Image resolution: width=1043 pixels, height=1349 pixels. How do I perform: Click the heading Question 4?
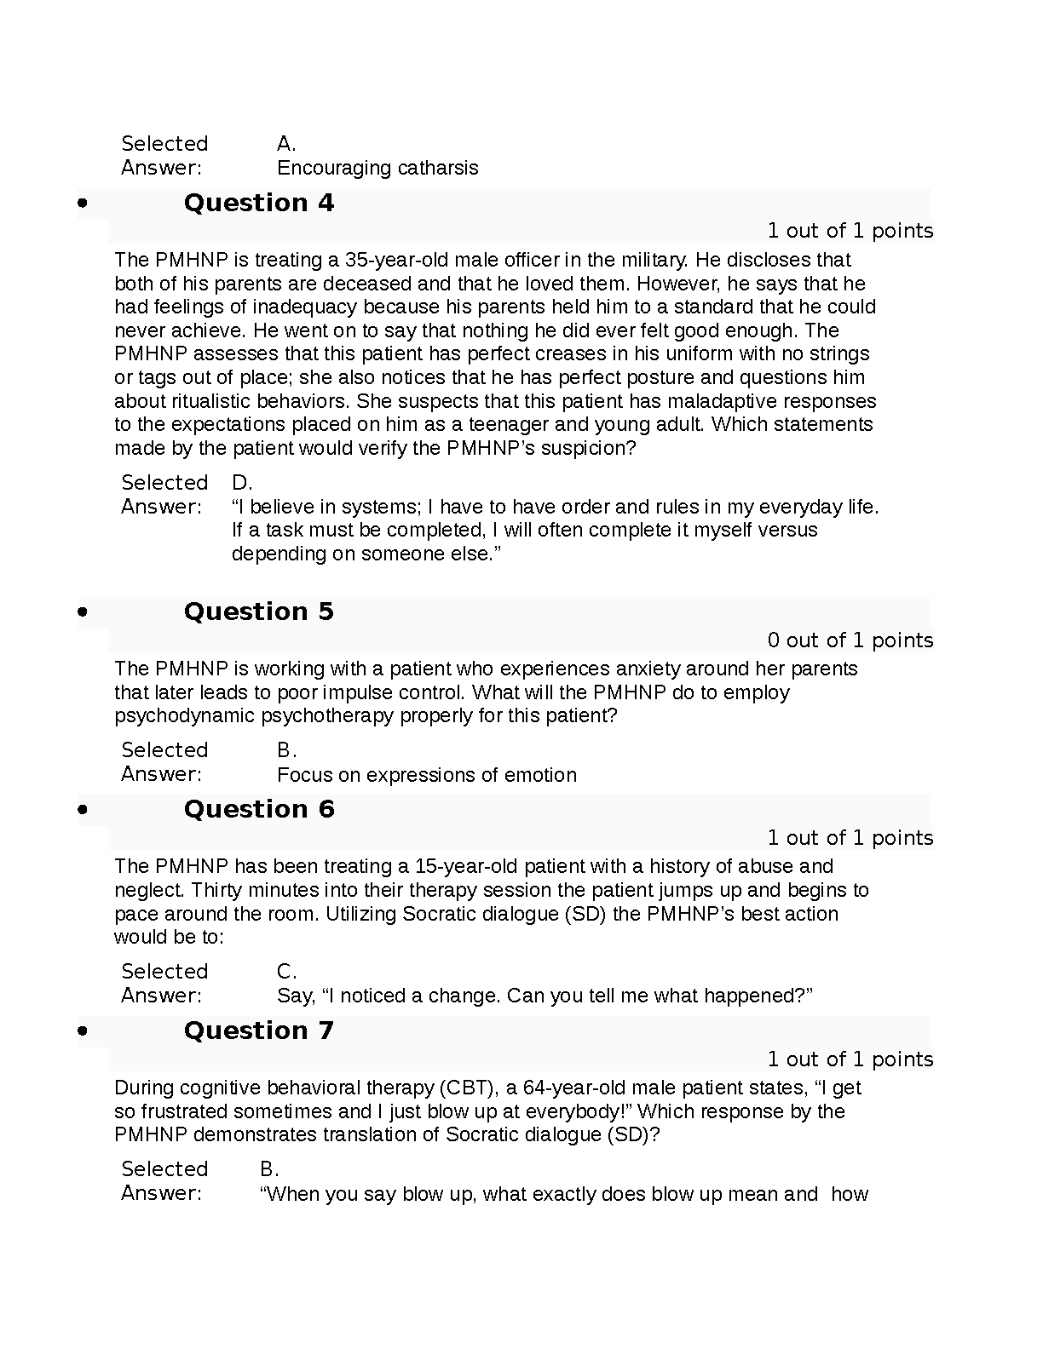pyautogui.click(x=258, y=203)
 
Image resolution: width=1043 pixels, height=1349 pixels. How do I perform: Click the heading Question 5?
pyautogui.click(x=258, y=611)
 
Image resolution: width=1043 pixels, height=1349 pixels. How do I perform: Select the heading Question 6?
pyautogui.click(x=258, y=809)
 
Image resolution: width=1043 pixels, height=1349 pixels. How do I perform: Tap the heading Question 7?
pyautogui.click(x=258, y=1030)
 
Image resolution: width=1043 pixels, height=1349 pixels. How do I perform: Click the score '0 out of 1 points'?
pyautogui.click(x=850, y=640)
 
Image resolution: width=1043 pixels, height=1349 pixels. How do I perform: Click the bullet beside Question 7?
pyautogui.click(x=83, y=1030)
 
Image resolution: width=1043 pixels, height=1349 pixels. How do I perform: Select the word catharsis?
pyautogui.click(x=438, y=168)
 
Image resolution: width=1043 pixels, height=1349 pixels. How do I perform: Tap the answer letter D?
pyautogui.click(x=242, y=483)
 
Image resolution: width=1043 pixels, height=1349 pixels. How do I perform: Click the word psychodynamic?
pyautogui.click(x=185, y=715)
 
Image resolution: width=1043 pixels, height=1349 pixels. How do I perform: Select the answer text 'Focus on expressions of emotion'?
pyautogui.click(x=426, y=775)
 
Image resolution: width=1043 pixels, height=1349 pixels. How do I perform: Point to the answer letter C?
pyautogui.click(x=286, y=972)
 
